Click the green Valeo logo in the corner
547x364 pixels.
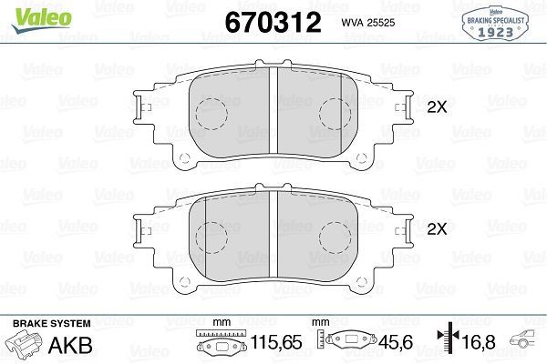coord(24,10)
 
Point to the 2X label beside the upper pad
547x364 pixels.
coord(437,106)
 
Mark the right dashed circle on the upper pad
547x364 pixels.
coord(335,114)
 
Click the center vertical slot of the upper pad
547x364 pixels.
coord(273,109)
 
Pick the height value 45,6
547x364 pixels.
coord(394,345)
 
